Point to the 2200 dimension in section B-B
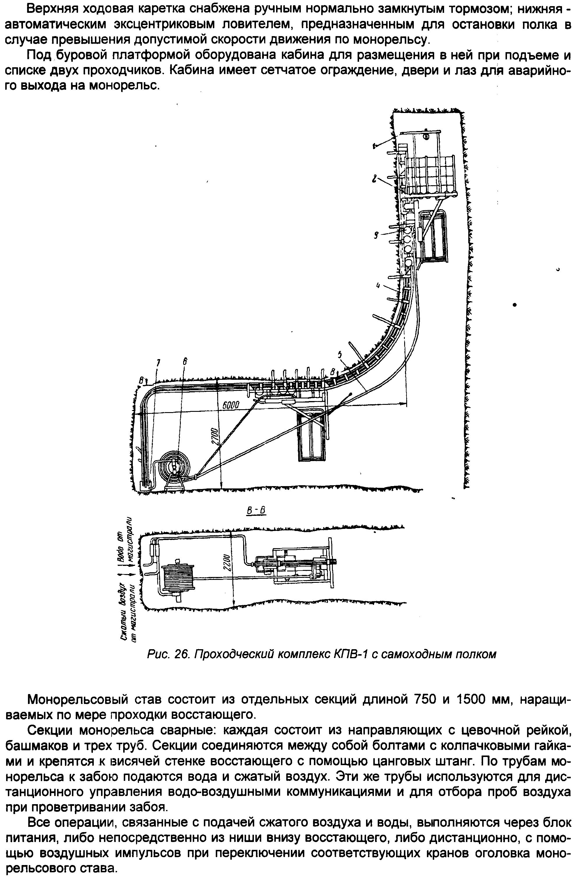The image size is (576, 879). point(227,563)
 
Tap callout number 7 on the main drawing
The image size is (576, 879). point(158,363)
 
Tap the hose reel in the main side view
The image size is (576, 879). point(174,467)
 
